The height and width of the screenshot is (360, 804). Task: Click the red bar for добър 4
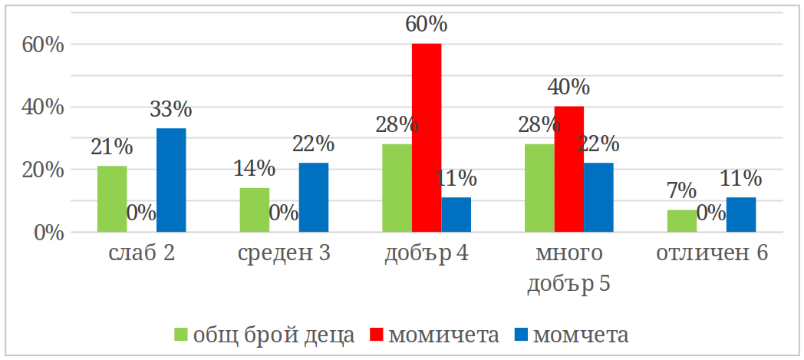pyautogui.click(x=427, y=138)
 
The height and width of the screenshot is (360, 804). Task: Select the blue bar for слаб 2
pyautogui.click(x=171, y=180)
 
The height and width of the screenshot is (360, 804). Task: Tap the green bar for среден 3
pyautogui.click(x=255, y=210)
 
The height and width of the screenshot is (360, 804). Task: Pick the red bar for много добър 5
pyautogui.click(x=568, y=169)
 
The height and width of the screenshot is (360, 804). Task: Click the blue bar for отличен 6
pyautogui.click(x=741, y=214)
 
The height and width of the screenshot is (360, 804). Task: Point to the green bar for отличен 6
pyautogui.click(x=681, y=220)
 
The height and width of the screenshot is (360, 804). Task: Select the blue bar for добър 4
pyautogui.click(x=456, y=214)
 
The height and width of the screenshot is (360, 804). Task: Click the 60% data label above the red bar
pyautogui.click(x=427, y=24)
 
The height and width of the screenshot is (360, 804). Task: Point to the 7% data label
pyautogui.click(x=681, y=190)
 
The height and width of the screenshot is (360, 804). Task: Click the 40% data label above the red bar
pyautogui.click(x=568, y=87)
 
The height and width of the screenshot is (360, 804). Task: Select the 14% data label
pyautogui.click(x=255, y=168)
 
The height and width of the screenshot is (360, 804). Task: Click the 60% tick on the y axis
pyautogui.click(x=42, y=45)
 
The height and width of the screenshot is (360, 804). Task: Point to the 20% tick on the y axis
pyautogui.click(x=42, y=169)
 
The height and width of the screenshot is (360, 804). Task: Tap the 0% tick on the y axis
pyautogui.click(x=48, y=232)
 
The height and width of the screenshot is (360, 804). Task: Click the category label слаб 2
pyautogui.click(x=141, y=253)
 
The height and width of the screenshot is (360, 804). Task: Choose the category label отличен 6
pyautogui.click(x=712, y=253)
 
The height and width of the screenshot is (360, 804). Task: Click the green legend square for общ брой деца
pyautogui.click(x=181, y=335)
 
